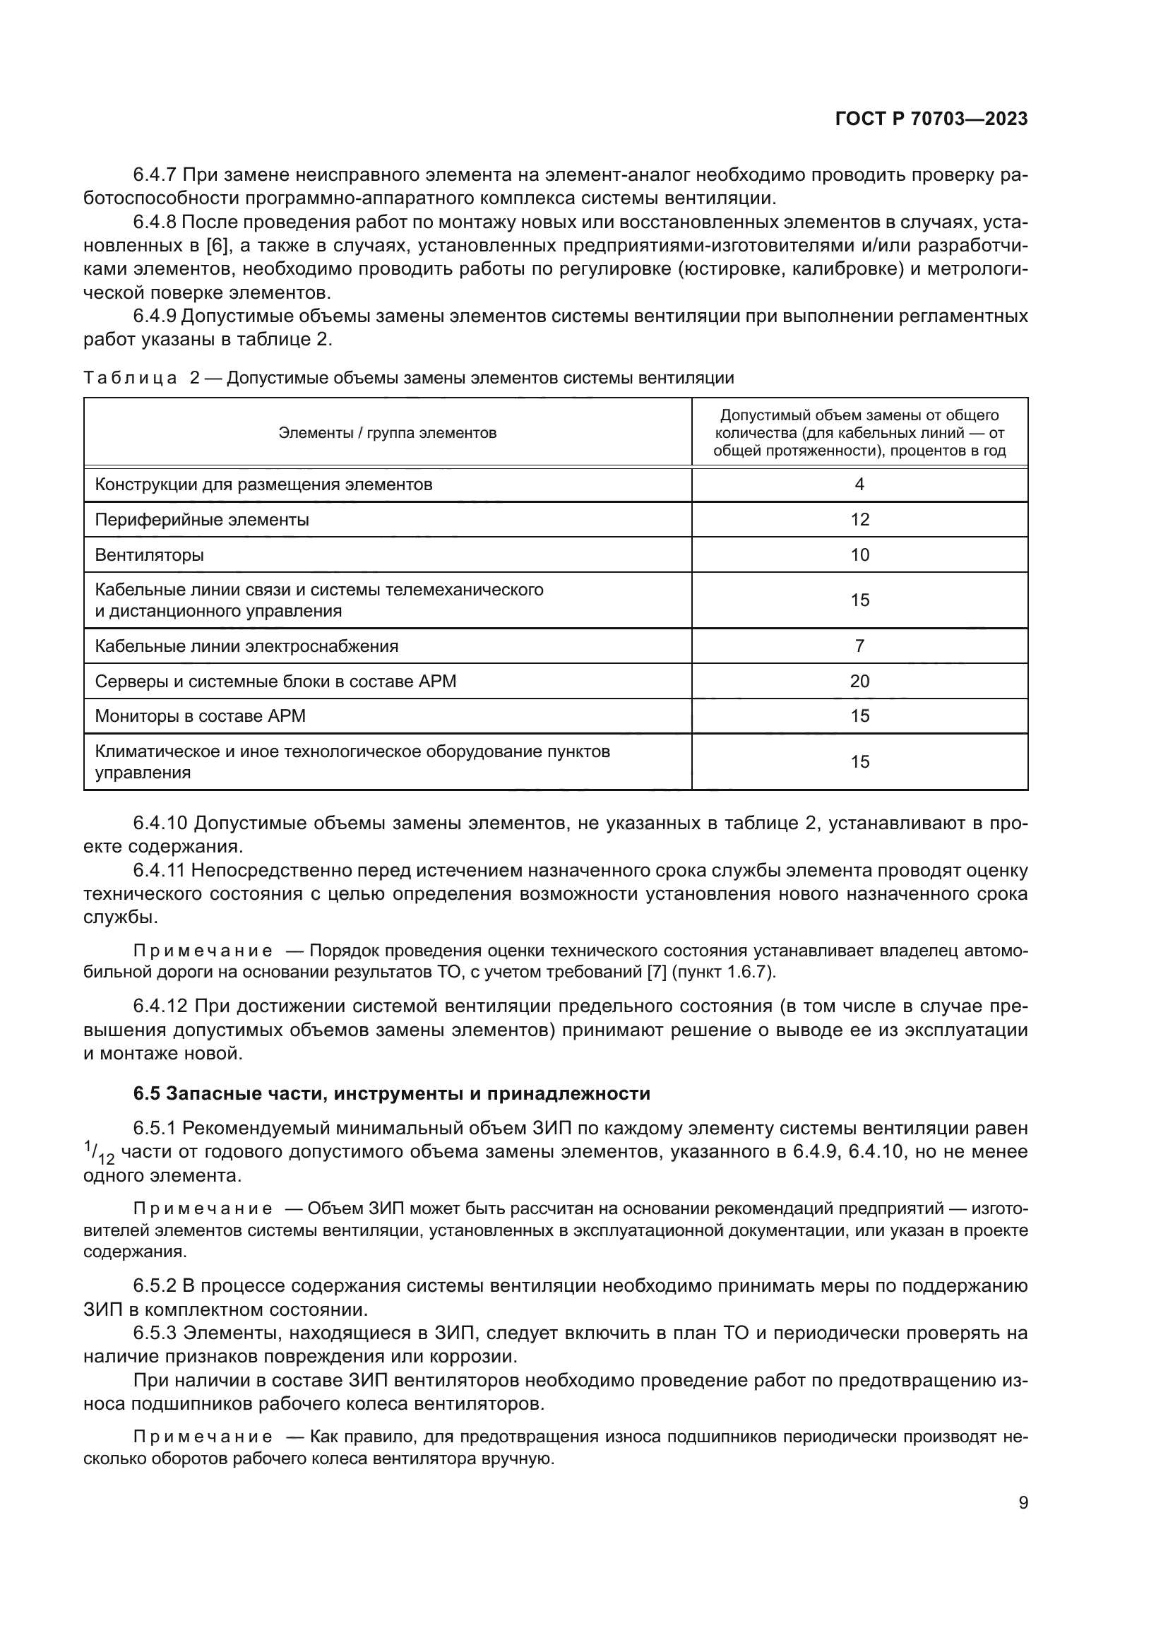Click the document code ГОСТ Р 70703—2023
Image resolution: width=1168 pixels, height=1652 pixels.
point(931,119)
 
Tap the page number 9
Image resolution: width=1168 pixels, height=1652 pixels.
point(1023,1503)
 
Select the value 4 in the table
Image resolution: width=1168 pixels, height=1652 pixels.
point(859,485)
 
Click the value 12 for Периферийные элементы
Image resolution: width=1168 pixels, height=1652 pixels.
point(859,520)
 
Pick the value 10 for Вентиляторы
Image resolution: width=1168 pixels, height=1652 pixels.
point(859,554)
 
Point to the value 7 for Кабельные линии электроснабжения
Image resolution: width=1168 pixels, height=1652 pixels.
point(859,646)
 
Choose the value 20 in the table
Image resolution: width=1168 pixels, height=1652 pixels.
point(859,681)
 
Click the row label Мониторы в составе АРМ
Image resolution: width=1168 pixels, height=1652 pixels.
point(200,716)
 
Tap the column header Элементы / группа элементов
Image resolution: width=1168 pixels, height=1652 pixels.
point(387,433)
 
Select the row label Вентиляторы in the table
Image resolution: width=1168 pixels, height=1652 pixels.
point(149,554)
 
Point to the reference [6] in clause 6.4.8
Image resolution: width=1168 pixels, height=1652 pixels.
point(217,246)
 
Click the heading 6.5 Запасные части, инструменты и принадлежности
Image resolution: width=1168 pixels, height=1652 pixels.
point(391,1093)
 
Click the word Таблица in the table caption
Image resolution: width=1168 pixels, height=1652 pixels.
point(129,379)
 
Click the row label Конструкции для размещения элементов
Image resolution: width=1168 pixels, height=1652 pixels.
point(263,485)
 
